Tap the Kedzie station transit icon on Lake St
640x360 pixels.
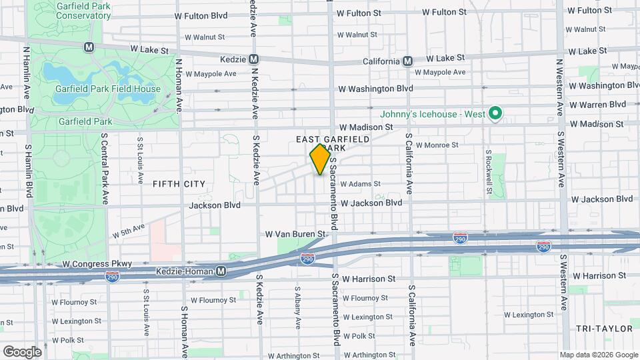tap(253, 59)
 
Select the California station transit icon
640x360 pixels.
tap(407, 61)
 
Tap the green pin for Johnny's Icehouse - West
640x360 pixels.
tap(495, 114)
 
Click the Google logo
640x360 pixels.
tap(22, 351)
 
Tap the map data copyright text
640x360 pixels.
tap(598, 355)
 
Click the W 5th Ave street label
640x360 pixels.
tap(129, 231)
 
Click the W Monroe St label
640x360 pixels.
tap(437, 144)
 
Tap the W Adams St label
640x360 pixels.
tap(360, 184)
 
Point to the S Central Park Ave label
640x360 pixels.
tap(105, 167)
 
